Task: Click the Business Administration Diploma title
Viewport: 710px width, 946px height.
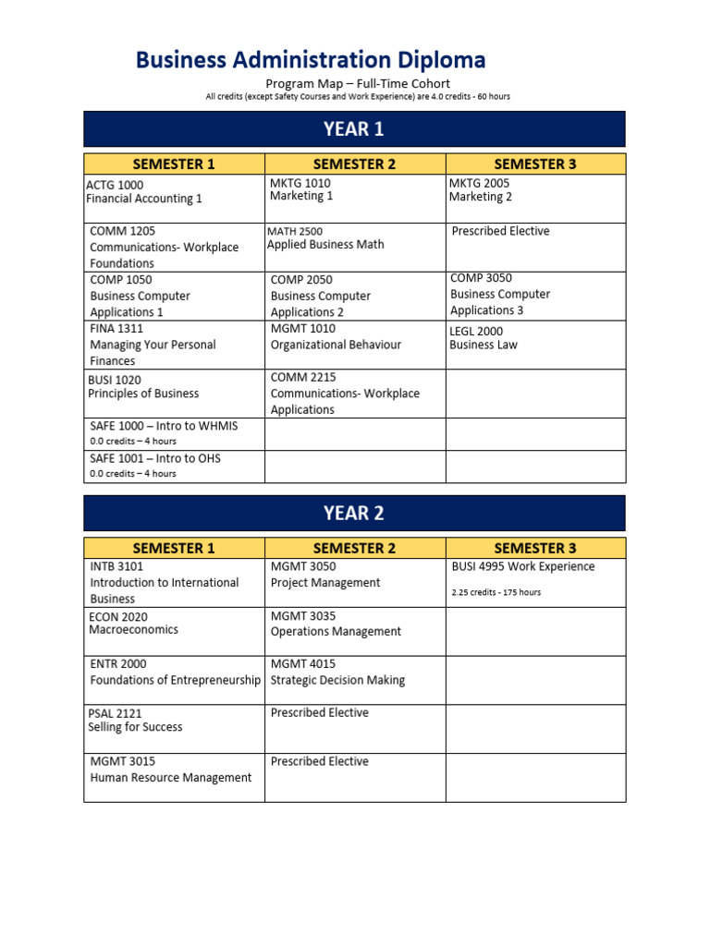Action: coord(311,61)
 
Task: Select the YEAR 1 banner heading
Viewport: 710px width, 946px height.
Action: coord(354,129)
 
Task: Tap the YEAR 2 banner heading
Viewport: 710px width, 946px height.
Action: coord(354,513)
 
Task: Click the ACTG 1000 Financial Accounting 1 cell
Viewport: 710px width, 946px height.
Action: coord(143,191)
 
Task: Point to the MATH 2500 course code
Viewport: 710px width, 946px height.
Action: coord(295,231)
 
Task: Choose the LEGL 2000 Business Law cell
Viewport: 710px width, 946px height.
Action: coord(484,338)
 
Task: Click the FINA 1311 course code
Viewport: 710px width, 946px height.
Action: coord(116,328)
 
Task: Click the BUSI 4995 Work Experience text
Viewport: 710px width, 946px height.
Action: coord(522,566)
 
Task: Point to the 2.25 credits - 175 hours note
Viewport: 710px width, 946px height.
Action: coord(496,592)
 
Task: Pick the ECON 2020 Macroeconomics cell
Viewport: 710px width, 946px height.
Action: coord(134,624)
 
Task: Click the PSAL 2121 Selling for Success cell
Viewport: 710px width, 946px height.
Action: coord(135,721)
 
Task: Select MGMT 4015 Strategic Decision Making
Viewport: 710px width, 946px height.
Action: coord(337,672)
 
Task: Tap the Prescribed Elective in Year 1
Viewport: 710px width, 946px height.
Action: coord(500,231)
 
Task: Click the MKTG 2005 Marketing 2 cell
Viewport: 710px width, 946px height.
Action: coord(481,190)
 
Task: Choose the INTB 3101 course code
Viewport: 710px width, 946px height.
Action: coord(116,566)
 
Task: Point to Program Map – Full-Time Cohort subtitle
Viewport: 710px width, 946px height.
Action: coord(358,84)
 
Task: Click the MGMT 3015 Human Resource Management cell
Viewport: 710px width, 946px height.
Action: coord(170,770)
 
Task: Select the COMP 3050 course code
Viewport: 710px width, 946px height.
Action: coord(481,278)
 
